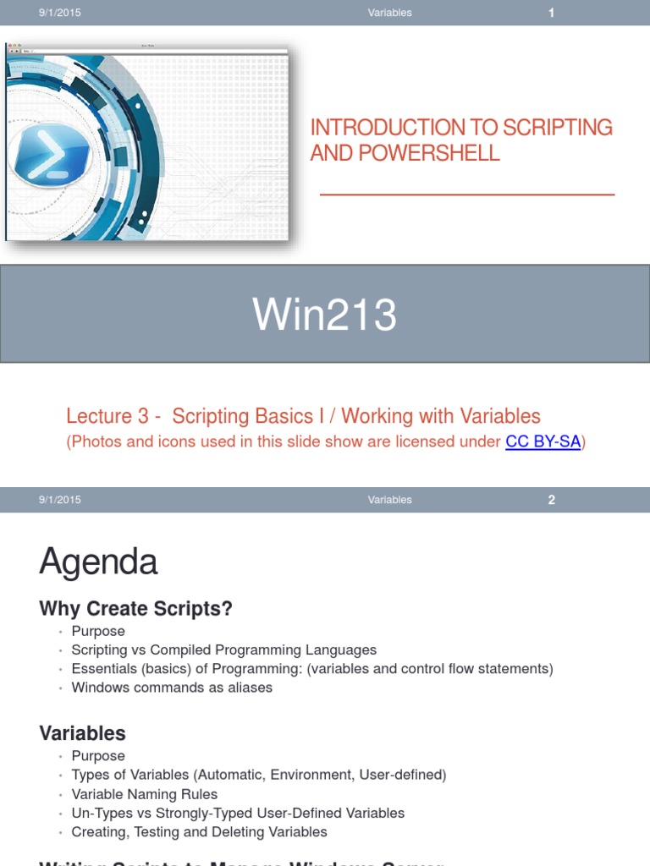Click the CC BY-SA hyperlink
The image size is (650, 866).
click(543, 441)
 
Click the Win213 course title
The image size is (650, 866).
click(325, 315)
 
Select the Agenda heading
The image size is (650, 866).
click(98, 562)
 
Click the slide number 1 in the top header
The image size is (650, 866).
click(551, 13)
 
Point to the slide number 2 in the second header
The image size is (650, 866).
click(551, 500)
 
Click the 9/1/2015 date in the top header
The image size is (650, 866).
click(59, 13)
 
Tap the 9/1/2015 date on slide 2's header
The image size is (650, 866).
click(59, 500)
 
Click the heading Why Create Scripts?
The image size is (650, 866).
click(135, 608)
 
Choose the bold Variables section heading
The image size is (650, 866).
click(82, 733)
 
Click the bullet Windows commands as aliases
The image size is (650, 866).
click(172, 688)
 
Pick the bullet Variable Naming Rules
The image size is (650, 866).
click(145, 794)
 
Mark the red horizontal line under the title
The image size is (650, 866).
click(466, 195)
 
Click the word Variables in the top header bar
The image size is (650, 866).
click(389, 13)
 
